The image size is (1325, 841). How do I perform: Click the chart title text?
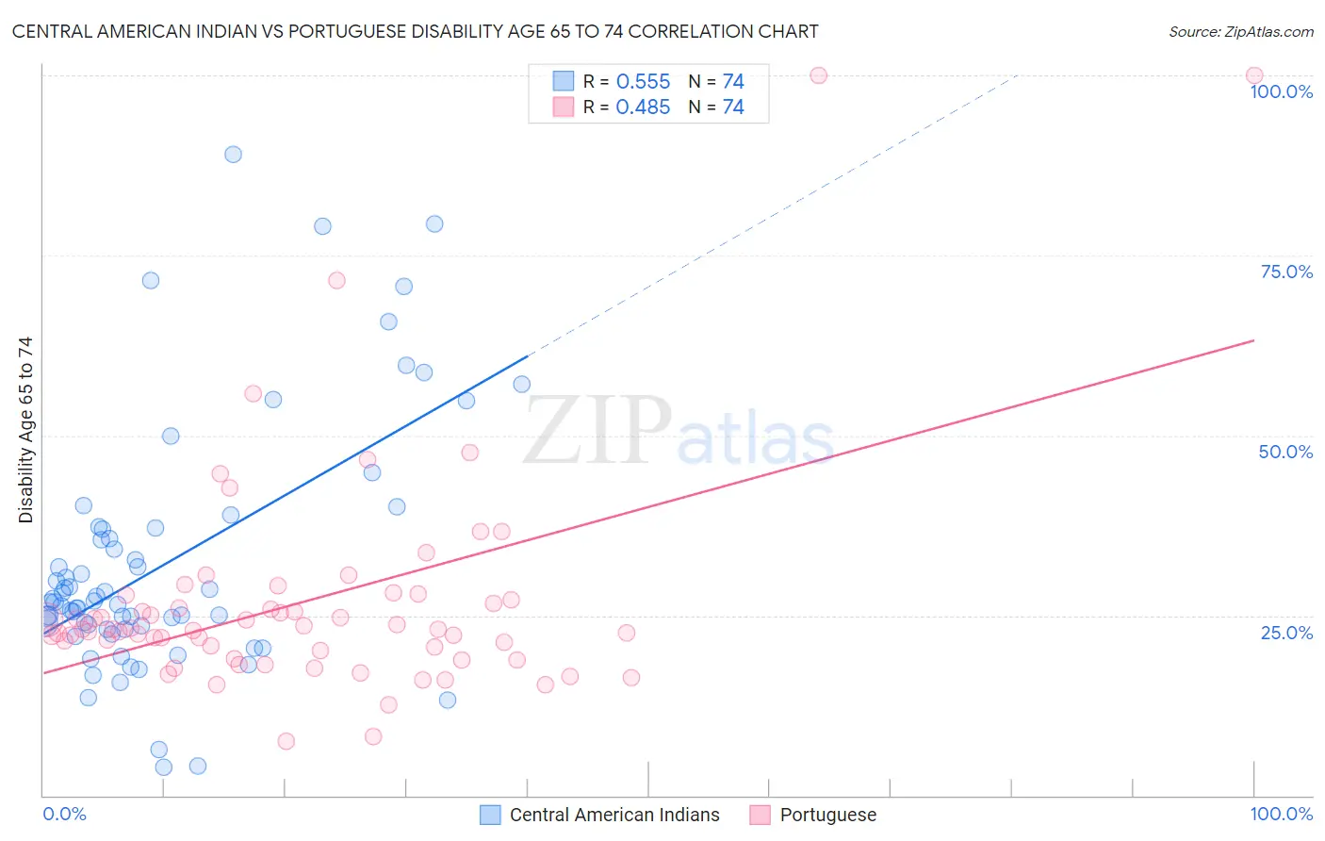tap(415, 31)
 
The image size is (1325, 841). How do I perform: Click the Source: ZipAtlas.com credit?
tap(1240, 32)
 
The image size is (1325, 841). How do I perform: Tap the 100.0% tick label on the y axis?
tap(1281, 91)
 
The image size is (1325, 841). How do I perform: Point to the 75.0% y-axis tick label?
tap(1286, 272)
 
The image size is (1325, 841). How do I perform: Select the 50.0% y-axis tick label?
tap(1285, 452)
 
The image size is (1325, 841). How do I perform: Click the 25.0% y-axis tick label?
tap(1286, 633)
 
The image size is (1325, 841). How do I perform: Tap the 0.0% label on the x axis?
tap(64, 814)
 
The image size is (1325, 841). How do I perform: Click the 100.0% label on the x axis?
tap(1281, 814)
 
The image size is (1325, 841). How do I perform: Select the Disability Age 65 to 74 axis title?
tap(25, 429)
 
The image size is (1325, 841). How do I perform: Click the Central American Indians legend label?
tap(614, 815)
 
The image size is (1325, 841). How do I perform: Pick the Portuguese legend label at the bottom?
tap(827, 815)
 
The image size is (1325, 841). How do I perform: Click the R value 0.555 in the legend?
tap(643, 82)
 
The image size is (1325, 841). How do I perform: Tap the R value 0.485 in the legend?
tap(643, 107)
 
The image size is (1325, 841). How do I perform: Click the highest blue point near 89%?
tap(233, 154)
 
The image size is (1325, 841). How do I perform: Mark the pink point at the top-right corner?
tap(1253, 75)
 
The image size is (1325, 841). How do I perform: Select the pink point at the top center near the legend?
tap(818, 75)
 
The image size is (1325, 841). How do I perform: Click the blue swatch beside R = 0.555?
tap(563, 81)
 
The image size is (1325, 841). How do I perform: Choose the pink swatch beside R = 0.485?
tap(563, 107)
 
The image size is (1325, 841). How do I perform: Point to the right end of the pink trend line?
tap(1254, 339)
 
